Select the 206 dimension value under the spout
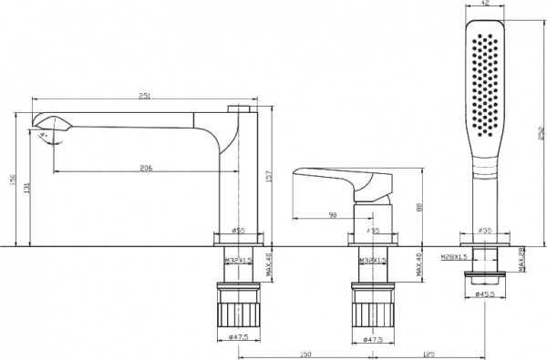coord(146,168)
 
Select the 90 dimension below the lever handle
coord(332,214)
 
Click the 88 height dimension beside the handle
coord(419,207)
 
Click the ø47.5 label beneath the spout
coord(239,338)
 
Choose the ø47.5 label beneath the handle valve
coord(375,338)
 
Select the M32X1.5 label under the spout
coord(237,261)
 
